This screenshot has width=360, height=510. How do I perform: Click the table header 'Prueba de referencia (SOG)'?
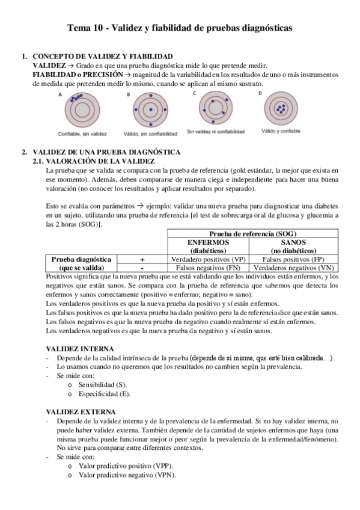pyautogui.click(x=252, y=234)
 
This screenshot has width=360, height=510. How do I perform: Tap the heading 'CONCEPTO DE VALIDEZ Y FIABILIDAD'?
pyautogui.click(x=102, y=56)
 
